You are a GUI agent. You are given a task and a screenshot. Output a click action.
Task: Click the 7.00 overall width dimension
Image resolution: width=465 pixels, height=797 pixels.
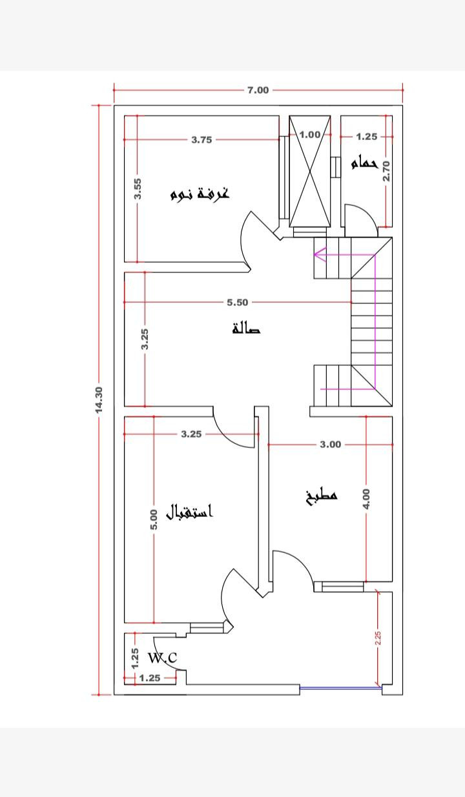[258, 90]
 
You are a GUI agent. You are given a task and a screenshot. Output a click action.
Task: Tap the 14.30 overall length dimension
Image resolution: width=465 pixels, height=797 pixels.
[99, 399]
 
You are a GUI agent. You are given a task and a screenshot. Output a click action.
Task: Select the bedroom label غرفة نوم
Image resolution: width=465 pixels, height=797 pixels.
[200, 194]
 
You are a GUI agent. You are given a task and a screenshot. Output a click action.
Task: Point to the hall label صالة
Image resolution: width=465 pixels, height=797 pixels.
[246, 328]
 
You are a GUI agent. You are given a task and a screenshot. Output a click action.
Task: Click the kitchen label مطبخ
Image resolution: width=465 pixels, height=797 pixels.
[321, 496]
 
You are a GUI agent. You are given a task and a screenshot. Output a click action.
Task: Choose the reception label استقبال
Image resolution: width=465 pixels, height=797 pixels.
[189, 512]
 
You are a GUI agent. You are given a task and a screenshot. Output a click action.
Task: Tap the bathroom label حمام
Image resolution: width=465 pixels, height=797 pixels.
[364, 163]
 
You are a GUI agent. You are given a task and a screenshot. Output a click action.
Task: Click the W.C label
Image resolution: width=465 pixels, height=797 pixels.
[162, 658]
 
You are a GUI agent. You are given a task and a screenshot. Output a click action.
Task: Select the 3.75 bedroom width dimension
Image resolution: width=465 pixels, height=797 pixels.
[201, 140]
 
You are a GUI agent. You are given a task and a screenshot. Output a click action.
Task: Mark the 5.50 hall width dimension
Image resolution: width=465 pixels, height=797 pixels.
[238, 303]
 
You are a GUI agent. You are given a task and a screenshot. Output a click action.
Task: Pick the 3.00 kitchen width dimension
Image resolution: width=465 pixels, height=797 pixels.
[331, 445]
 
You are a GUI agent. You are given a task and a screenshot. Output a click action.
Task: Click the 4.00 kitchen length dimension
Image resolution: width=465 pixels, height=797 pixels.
[366, 499]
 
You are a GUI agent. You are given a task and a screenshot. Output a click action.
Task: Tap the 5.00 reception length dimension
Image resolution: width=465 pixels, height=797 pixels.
[154, 520]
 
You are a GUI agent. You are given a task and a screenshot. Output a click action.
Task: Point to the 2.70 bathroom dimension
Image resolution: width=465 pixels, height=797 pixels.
[386, 171]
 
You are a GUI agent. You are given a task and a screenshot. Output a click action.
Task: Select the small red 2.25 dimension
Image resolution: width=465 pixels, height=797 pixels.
[378, 638]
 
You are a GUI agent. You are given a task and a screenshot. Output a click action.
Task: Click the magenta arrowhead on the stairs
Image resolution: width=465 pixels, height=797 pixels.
[320, 254]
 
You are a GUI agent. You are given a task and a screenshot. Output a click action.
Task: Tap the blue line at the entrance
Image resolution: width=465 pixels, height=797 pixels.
[341, 689]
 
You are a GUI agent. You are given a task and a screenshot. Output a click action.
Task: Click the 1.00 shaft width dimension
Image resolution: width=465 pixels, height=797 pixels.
[310, 135]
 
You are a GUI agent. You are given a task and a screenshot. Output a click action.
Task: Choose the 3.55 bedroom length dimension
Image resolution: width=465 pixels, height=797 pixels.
[138, 188]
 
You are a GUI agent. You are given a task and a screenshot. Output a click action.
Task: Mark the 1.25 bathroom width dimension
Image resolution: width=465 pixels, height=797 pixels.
[366, 137]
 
